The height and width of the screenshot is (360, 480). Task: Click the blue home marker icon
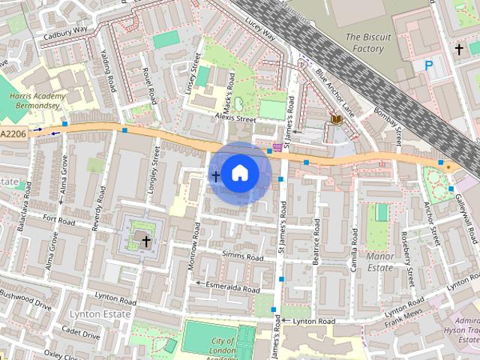(238, 172)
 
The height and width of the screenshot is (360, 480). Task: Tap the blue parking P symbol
(429, 66)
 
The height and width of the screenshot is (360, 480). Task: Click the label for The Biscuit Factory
(364, 43)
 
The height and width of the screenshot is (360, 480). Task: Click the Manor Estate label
(380, 261)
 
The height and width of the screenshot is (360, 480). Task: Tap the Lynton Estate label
(94, 313)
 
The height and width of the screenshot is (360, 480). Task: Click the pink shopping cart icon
(277, 147)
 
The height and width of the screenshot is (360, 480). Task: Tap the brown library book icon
(335, 120)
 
